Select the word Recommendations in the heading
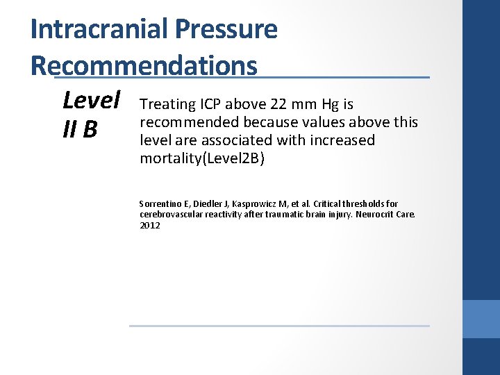pyautogui.click(x=144, y=65)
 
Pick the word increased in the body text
pyautogui.click(x=342, y=140)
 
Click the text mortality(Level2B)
pyautogui.click(x=203, y=159)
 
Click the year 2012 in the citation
pyautogui.click(x=149, y=225)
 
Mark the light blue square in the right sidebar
pyautogui.click(x=481, y=319)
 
